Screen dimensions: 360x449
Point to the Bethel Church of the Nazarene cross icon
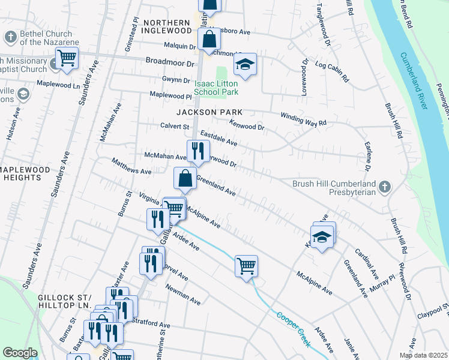10,38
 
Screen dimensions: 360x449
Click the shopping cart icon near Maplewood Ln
67,58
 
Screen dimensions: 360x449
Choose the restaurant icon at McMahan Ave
197,151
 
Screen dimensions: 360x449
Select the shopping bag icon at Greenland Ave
185,178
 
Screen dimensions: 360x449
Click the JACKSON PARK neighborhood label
209,112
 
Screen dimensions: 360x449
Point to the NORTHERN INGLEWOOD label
167,27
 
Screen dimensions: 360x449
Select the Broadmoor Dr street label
171,62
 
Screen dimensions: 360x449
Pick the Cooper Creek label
294,327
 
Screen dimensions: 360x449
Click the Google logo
20,353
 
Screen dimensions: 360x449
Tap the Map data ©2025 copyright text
423,355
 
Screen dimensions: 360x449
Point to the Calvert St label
175,127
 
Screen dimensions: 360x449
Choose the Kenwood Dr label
247,125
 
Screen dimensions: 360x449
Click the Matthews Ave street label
131,166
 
